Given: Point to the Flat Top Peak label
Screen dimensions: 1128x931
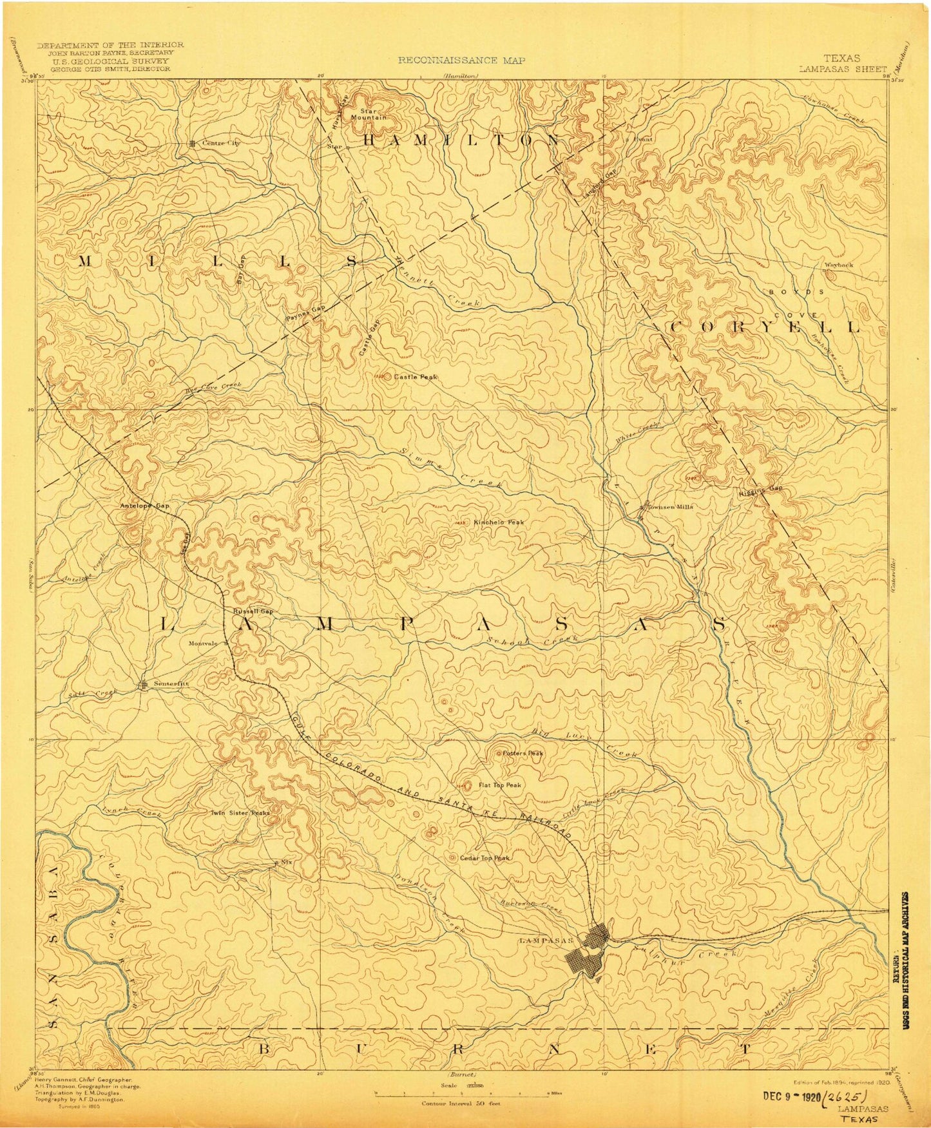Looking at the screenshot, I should (x=499, y=785).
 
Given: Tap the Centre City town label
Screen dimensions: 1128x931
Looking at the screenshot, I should (x=220, y=143).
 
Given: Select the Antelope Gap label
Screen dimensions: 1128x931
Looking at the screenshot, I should (x=144, y=506).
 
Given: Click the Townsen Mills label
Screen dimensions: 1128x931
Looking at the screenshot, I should (x=669, y=507).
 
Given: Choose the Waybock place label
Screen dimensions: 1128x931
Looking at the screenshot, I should (x=838, y=265).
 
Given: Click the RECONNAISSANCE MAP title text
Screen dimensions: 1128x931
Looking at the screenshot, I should (x=461, y=61).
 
